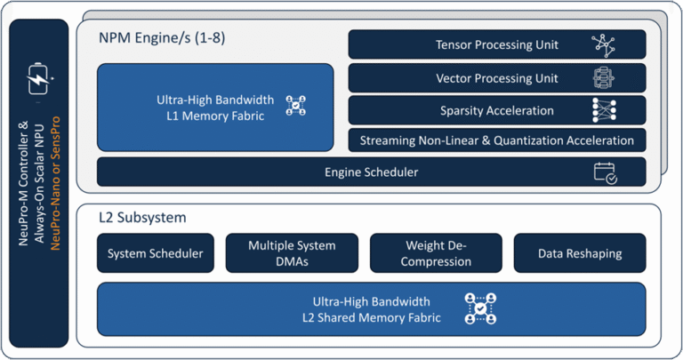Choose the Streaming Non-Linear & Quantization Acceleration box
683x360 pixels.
pos(497,140)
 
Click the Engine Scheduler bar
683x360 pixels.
pos(372,172)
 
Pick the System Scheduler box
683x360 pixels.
pos(155,253)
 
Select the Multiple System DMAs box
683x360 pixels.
pos(292,253)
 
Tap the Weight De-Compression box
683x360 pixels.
pos(436,253)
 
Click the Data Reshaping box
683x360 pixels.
pos(579,253)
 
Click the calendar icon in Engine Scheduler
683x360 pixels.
pos(606,172)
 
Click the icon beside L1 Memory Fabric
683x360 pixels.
pos(295,106)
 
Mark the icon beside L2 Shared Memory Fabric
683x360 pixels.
pos(480,308)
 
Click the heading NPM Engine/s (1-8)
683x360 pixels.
pos(160,41)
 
